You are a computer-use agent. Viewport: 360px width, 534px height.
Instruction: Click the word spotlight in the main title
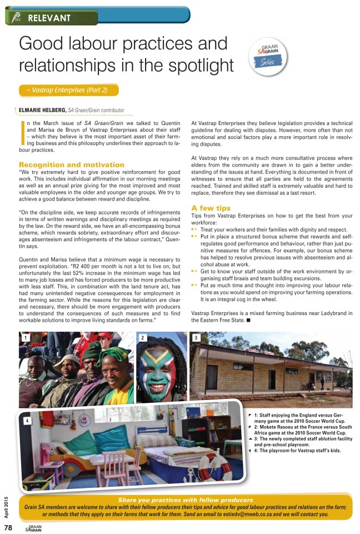tap(187, 66)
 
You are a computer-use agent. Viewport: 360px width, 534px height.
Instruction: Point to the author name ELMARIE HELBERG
tap(42, 110)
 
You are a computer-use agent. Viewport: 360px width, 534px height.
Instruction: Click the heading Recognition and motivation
tap(72, 165)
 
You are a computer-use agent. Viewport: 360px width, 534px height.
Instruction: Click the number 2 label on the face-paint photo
tap(143, 338)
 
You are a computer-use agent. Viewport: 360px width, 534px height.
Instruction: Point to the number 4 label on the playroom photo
tap(26, 421)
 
